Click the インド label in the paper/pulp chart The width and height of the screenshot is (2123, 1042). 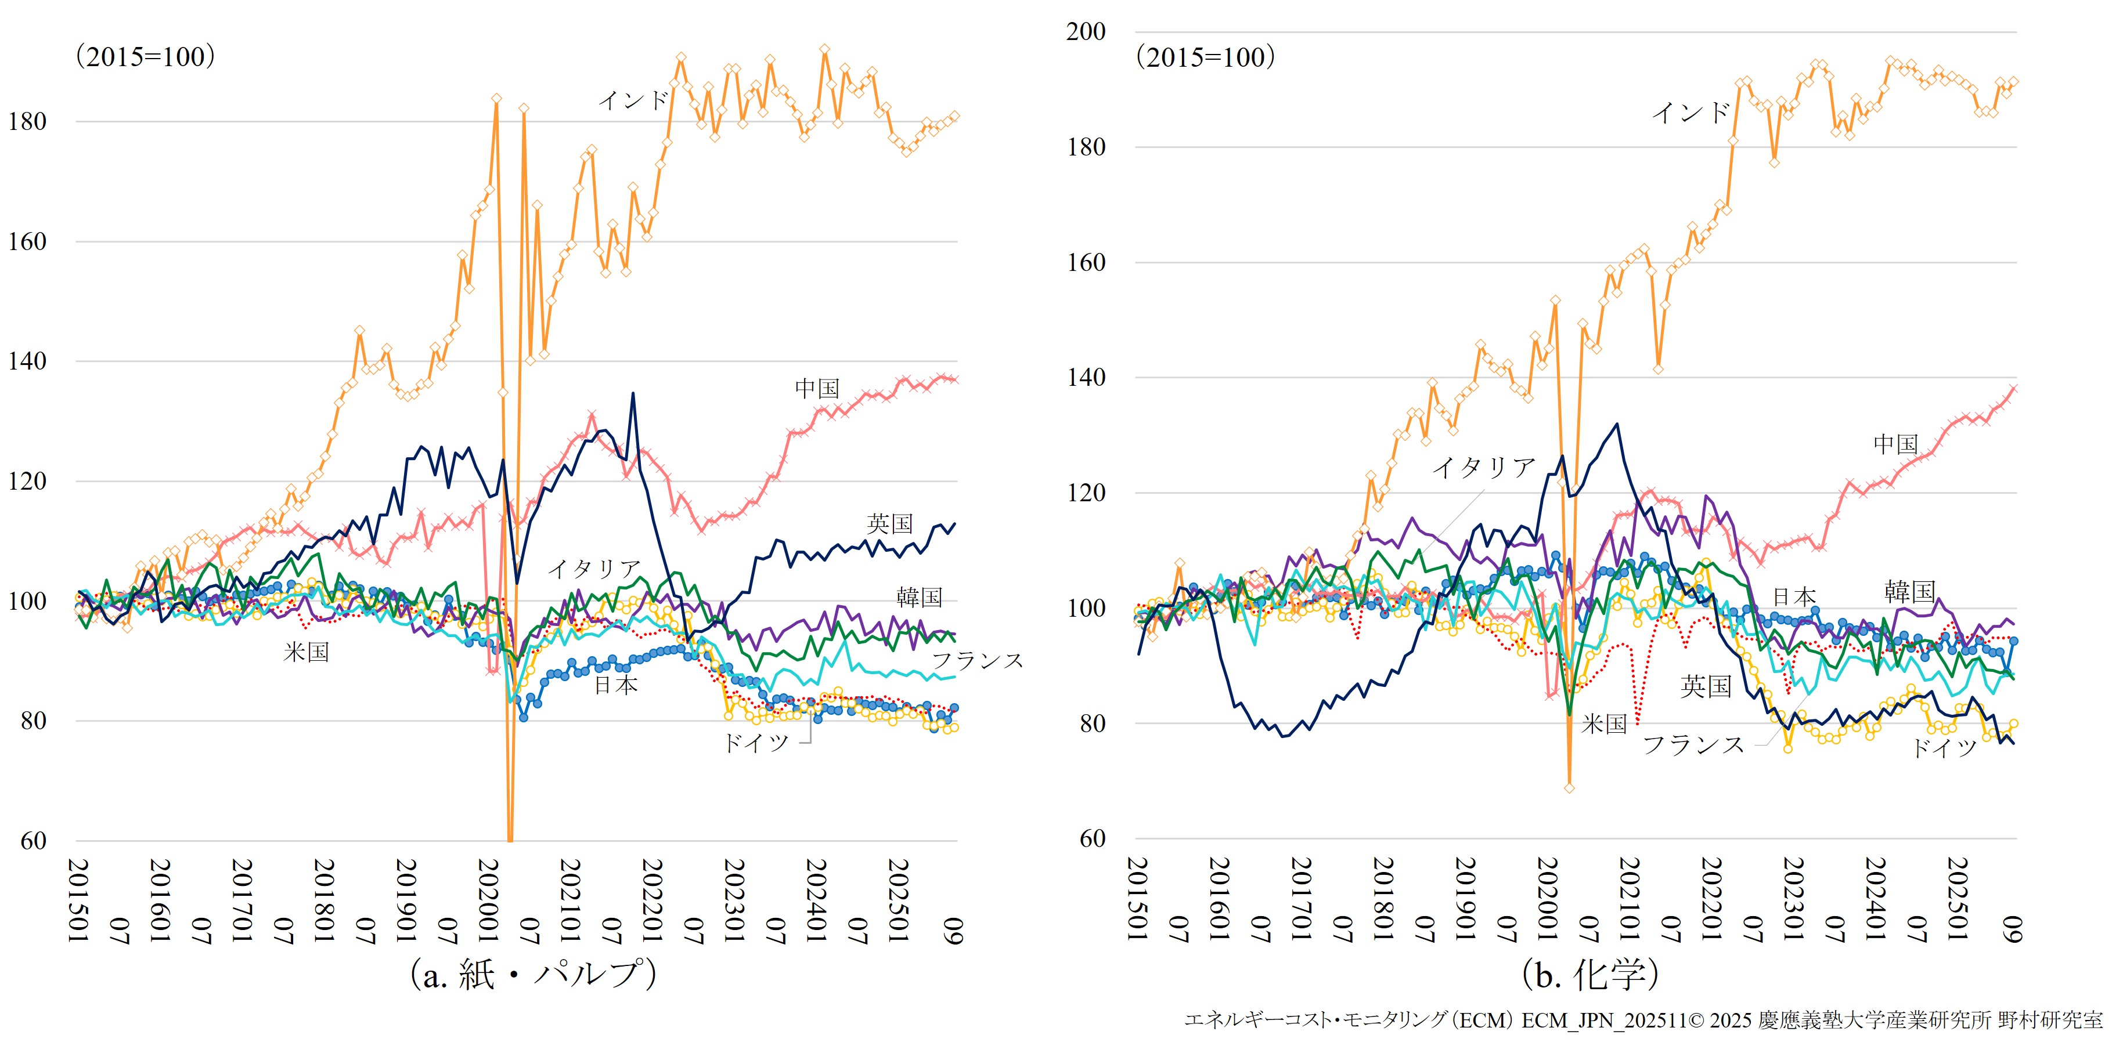(x=633, y=100)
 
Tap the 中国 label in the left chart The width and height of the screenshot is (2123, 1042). (x=817, y=388)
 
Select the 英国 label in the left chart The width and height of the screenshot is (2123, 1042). (x=889, y=524)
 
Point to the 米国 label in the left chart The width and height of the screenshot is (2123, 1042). (x=306, y=652)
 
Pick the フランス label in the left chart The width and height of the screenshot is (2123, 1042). (x=978, y=661)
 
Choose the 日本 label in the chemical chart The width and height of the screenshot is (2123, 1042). (x=1793, y=596)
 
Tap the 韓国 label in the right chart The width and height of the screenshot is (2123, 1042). (x=1909, y=591)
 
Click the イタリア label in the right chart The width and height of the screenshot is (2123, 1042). (x=1483, y=468)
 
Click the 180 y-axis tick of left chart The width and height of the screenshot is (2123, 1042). (x=28, y=122)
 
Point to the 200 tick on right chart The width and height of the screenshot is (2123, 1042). (x=1086, y=32)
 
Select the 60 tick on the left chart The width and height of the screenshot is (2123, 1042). (x=34, y=841)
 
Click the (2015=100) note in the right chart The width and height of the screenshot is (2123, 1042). (x=1205, y=57)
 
